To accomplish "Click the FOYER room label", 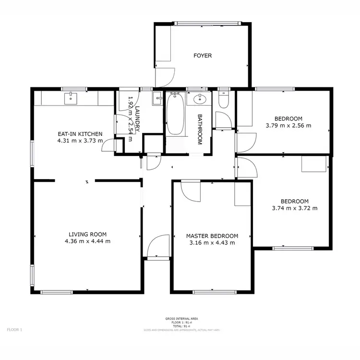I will click(203, 56).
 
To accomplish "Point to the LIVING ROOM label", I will click(87, 234).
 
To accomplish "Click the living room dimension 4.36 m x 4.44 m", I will click(87, 241).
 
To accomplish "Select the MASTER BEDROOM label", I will click(212, 236).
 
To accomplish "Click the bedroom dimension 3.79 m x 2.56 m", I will click(288, 126).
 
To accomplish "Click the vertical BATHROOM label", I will click(200, 129).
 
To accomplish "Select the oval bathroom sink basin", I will click(200, 100).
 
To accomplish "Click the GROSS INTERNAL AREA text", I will click(181, 319).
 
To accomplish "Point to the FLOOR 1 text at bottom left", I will click(14, 330).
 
